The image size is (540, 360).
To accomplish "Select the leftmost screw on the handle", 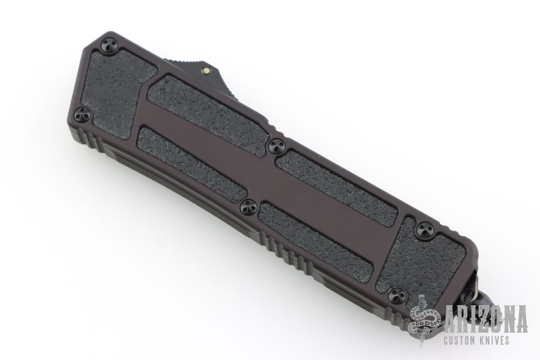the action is (83, 114).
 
